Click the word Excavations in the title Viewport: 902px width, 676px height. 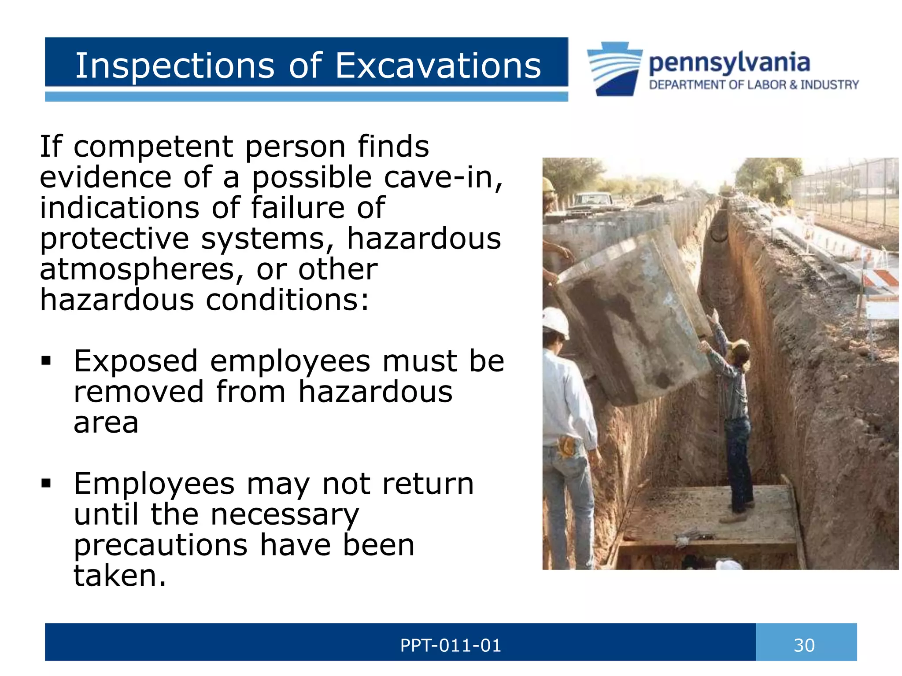point(438,66)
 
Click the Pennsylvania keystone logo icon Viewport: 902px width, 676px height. point(614,68)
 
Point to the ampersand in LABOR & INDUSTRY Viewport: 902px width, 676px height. point(794,84)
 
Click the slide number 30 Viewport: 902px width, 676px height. point(804,645)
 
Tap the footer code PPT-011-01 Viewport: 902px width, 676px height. point(451,645)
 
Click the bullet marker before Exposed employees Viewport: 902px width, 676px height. point(46,361)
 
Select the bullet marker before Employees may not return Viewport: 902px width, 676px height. point(46,484)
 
